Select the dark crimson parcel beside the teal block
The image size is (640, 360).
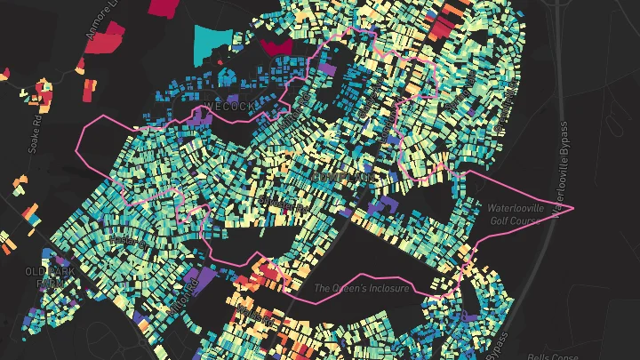point(276,45)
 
